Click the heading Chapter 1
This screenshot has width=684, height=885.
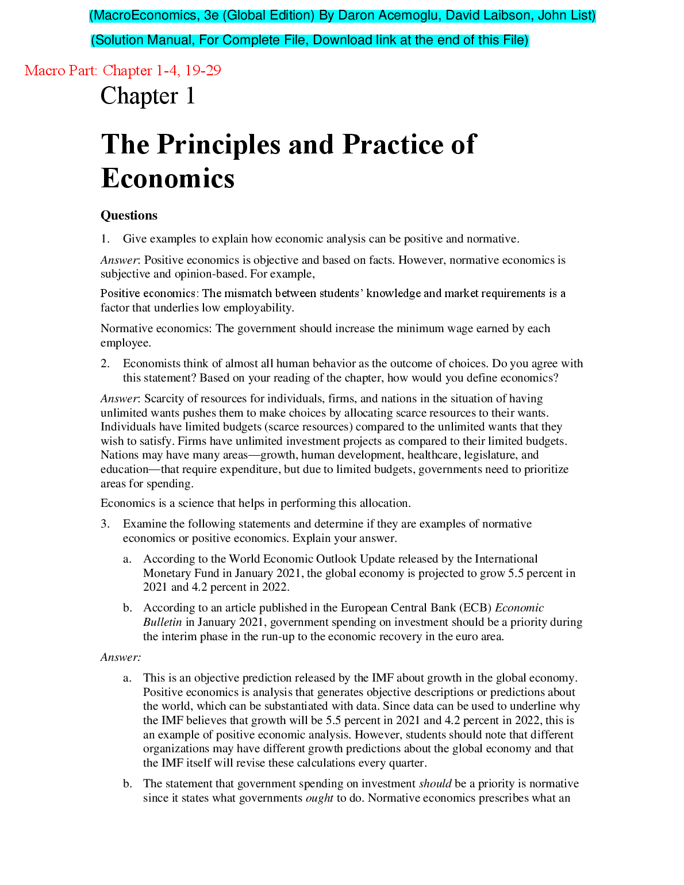point(148,96)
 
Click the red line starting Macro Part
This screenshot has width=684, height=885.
point(122,71)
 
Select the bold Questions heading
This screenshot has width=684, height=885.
point(129,216)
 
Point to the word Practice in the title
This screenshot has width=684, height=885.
point(391,145)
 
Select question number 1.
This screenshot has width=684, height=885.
point(105,239)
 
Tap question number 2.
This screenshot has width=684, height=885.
point(105,364)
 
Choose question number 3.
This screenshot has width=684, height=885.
point(105,524)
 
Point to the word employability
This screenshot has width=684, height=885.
point(258,308)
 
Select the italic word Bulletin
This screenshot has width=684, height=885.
point(162,622)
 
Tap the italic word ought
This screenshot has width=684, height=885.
point(319,798)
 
